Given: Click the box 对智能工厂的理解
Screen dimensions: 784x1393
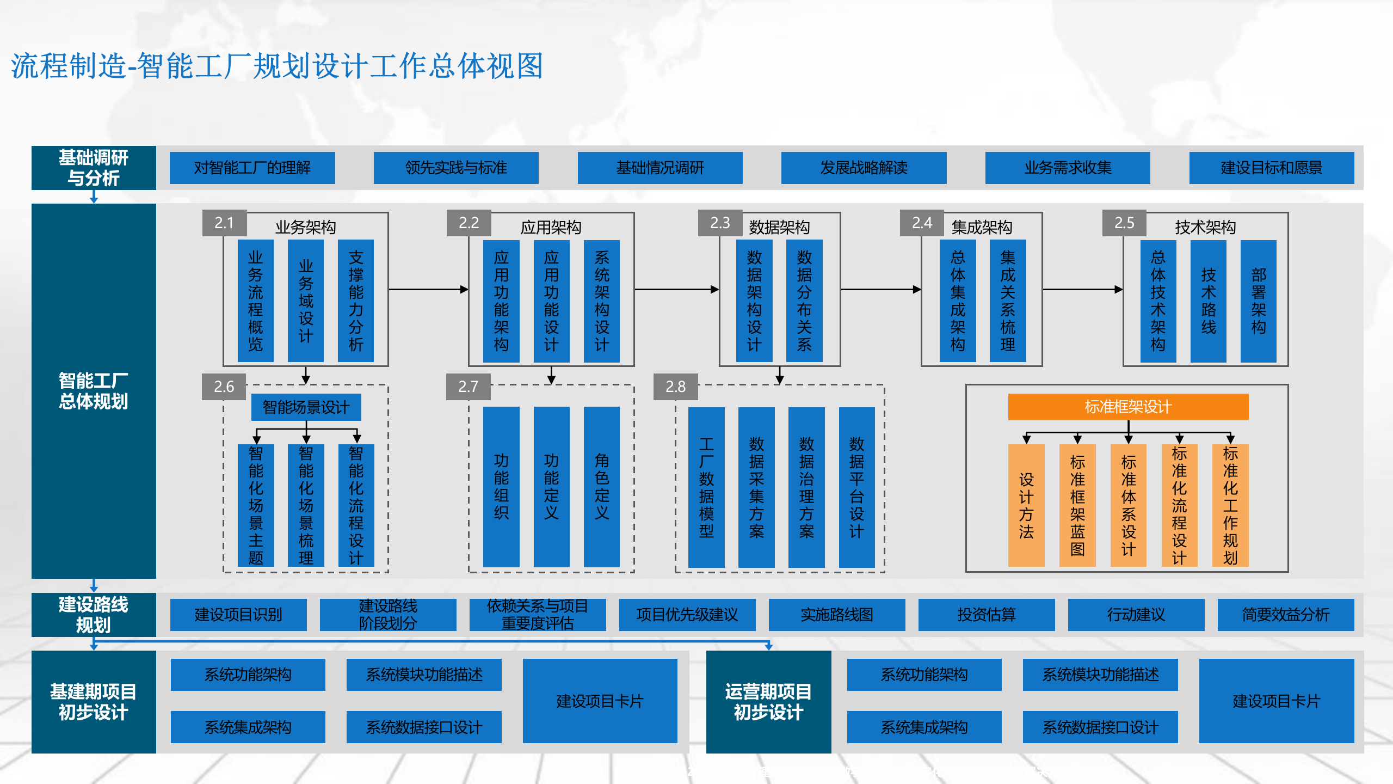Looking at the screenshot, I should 252,168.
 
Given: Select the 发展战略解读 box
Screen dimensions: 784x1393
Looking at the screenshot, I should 864,168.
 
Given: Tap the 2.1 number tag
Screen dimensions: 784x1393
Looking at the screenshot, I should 224,223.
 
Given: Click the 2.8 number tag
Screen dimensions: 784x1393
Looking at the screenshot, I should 675,387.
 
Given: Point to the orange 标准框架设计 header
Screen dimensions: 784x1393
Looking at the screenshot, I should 1128,407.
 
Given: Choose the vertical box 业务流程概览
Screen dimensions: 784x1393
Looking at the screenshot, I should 255,301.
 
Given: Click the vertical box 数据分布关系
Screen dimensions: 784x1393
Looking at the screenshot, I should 804,301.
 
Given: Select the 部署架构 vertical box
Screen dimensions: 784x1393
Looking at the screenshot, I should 1258,301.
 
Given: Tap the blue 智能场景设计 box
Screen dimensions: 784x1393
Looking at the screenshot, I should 306,407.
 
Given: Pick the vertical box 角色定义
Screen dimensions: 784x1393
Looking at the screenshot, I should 601,487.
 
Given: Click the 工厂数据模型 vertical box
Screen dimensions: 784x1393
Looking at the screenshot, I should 706,487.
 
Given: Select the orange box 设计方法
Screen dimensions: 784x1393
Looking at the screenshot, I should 1026,505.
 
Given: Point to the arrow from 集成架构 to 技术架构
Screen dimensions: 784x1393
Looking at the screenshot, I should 1082,290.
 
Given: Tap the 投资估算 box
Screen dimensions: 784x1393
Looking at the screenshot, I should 986,615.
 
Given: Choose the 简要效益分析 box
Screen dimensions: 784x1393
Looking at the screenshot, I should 1285,615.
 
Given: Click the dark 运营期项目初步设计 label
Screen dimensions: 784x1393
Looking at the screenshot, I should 768,702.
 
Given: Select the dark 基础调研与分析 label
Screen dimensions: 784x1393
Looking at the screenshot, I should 94,168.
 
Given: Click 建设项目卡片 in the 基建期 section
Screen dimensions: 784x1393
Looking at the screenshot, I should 600,701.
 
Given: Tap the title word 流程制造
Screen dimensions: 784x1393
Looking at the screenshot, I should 69,66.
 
